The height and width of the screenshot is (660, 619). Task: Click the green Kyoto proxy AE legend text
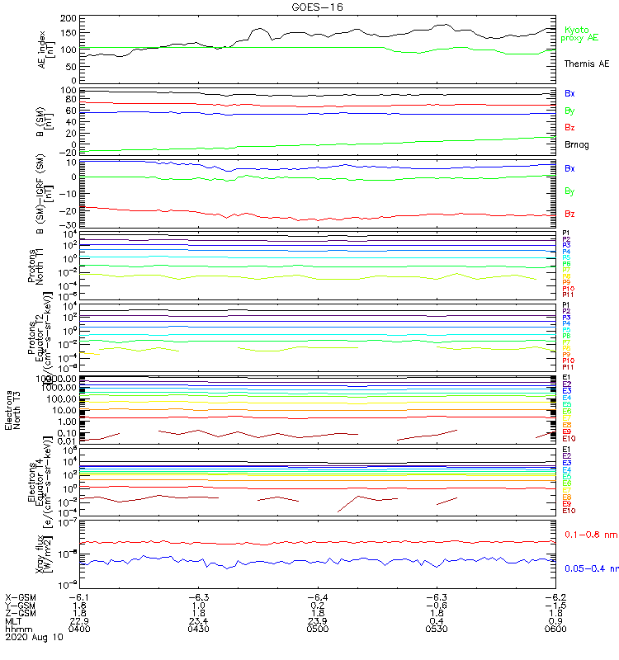coord(579,34)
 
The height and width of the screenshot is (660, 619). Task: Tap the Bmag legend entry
coord(575,145)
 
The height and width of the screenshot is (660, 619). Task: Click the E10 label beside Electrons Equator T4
coord(568,511)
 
